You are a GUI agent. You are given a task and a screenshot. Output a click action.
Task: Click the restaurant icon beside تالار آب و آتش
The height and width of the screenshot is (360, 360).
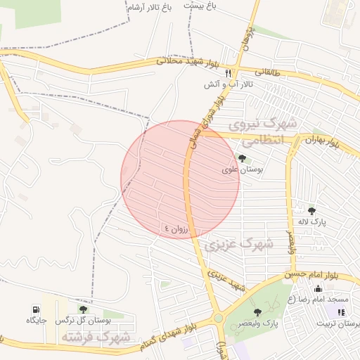228,72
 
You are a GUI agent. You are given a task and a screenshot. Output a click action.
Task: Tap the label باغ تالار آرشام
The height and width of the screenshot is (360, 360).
149,8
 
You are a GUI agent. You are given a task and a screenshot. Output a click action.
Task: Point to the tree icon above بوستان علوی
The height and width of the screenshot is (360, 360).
243,158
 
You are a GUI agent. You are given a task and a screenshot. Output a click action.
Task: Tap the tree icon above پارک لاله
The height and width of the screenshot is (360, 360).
312,210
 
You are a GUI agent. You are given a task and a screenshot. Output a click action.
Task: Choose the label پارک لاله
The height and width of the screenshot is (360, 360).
311,222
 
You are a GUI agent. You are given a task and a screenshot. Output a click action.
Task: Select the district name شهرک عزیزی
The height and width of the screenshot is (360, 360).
238,245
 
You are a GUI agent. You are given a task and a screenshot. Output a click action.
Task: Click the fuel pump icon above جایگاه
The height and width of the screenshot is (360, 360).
35,309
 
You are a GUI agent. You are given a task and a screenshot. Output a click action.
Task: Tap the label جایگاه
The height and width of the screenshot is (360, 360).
36,321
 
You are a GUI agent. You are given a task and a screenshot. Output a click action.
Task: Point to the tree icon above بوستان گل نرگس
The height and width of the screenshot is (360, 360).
84,309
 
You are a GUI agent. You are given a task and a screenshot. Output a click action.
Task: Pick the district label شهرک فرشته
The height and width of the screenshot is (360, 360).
96,337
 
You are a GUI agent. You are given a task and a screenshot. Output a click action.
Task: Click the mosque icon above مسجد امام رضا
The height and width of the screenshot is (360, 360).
319,288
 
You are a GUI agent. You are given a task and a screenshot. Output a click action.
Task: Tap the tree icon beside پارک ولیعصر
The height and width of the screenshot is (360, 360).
257,311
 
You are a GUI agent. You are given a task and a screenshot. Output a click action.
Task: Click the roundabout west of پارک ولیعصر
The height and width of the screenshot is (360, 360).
219,319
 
